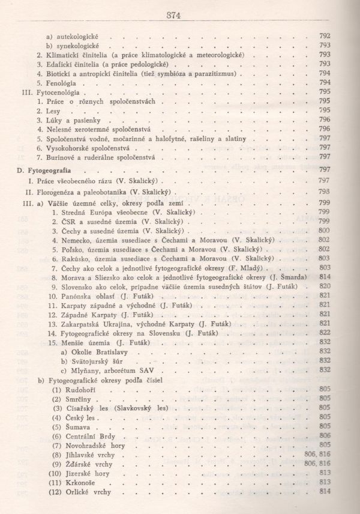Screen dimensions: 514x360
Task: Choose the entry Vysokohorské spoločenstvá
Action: [89, 147]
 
